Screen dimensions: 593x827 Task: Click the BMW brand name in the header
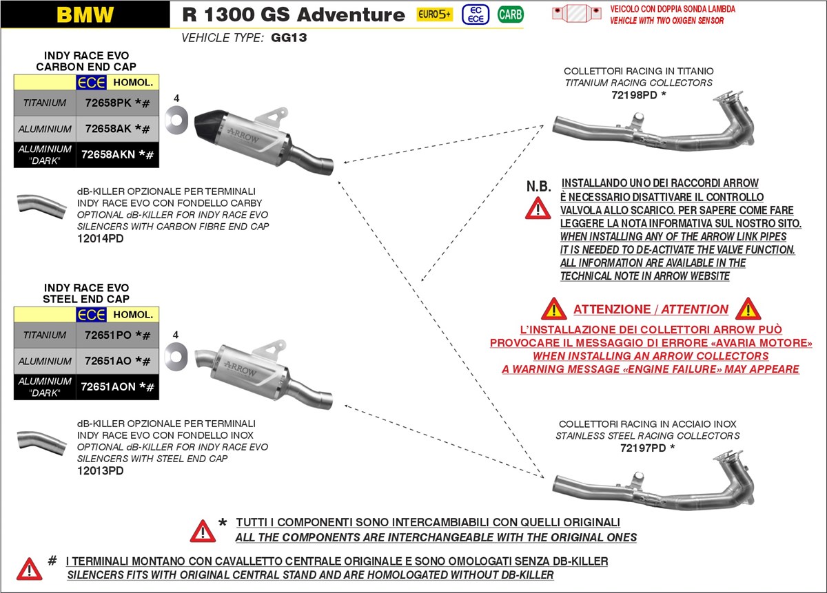[85, 14]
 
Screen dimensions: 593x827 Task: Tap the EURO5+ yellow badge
[434, 14]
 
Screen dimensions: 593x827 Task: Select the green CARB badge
[510, 14]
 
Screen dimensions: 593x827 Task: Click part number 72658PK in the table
[108, 103]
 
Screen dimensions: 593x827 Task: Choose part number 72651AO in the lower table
[108, 361]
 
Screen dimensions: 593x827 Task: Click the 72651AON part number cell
[108, 387]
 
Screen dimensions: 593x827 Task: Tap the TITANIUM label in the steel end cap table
[45, 335]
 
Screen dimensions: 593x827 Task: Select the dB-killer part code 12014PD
[101, 238]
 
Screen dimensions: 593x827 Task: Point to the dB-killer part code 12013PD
[101, 471]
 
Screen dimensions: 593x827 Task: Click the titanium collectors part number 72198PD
[634, 94]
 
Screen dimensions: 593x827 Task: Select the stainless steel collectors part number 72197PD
[642, 448]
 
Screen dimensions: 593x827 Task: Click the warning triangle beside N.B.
[538, 207]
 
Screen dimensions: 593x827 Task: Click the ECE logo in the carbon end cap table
[91, 82]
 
